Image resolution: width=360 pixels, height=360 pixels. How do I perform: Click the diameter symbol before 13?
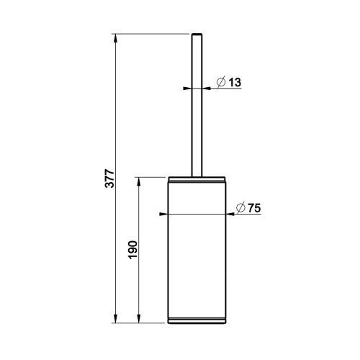click(221, 84)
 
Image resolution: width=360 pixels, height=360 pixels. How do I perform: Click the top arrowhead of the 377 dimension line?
click(115, 37)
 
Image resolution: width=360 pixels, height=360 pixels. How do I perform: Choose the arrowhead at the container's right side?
click(230, 214)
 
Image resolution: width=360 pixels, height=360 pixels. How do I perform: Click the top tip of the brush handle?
click(195, 35)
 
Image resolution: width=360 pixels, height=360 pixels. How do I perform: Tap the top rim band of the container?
click(195, 179)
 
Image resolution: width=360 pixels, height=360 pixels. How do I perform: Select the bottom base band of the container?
click(195, 320)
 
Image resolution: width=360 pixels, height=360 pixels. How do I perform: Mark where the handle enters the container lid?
click(195, 175)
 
